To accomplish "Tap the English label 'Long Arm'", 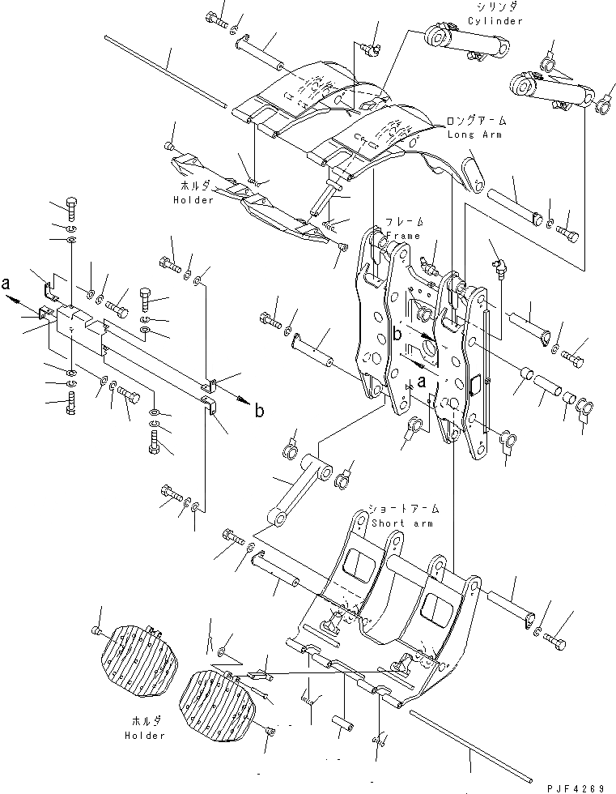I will point(475,134).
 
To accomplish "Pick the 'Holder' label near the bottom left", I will point(145,736).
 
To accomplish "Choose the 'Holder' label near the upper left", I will point(193,199).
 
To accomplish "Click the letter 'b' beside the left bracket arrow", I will point(259,411).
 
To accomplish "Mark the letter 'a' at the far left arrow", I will point(6,284).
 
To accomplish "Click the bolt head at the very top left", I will point(218,17).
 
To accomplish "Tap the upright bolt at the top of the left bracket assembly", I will point(70,207).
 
